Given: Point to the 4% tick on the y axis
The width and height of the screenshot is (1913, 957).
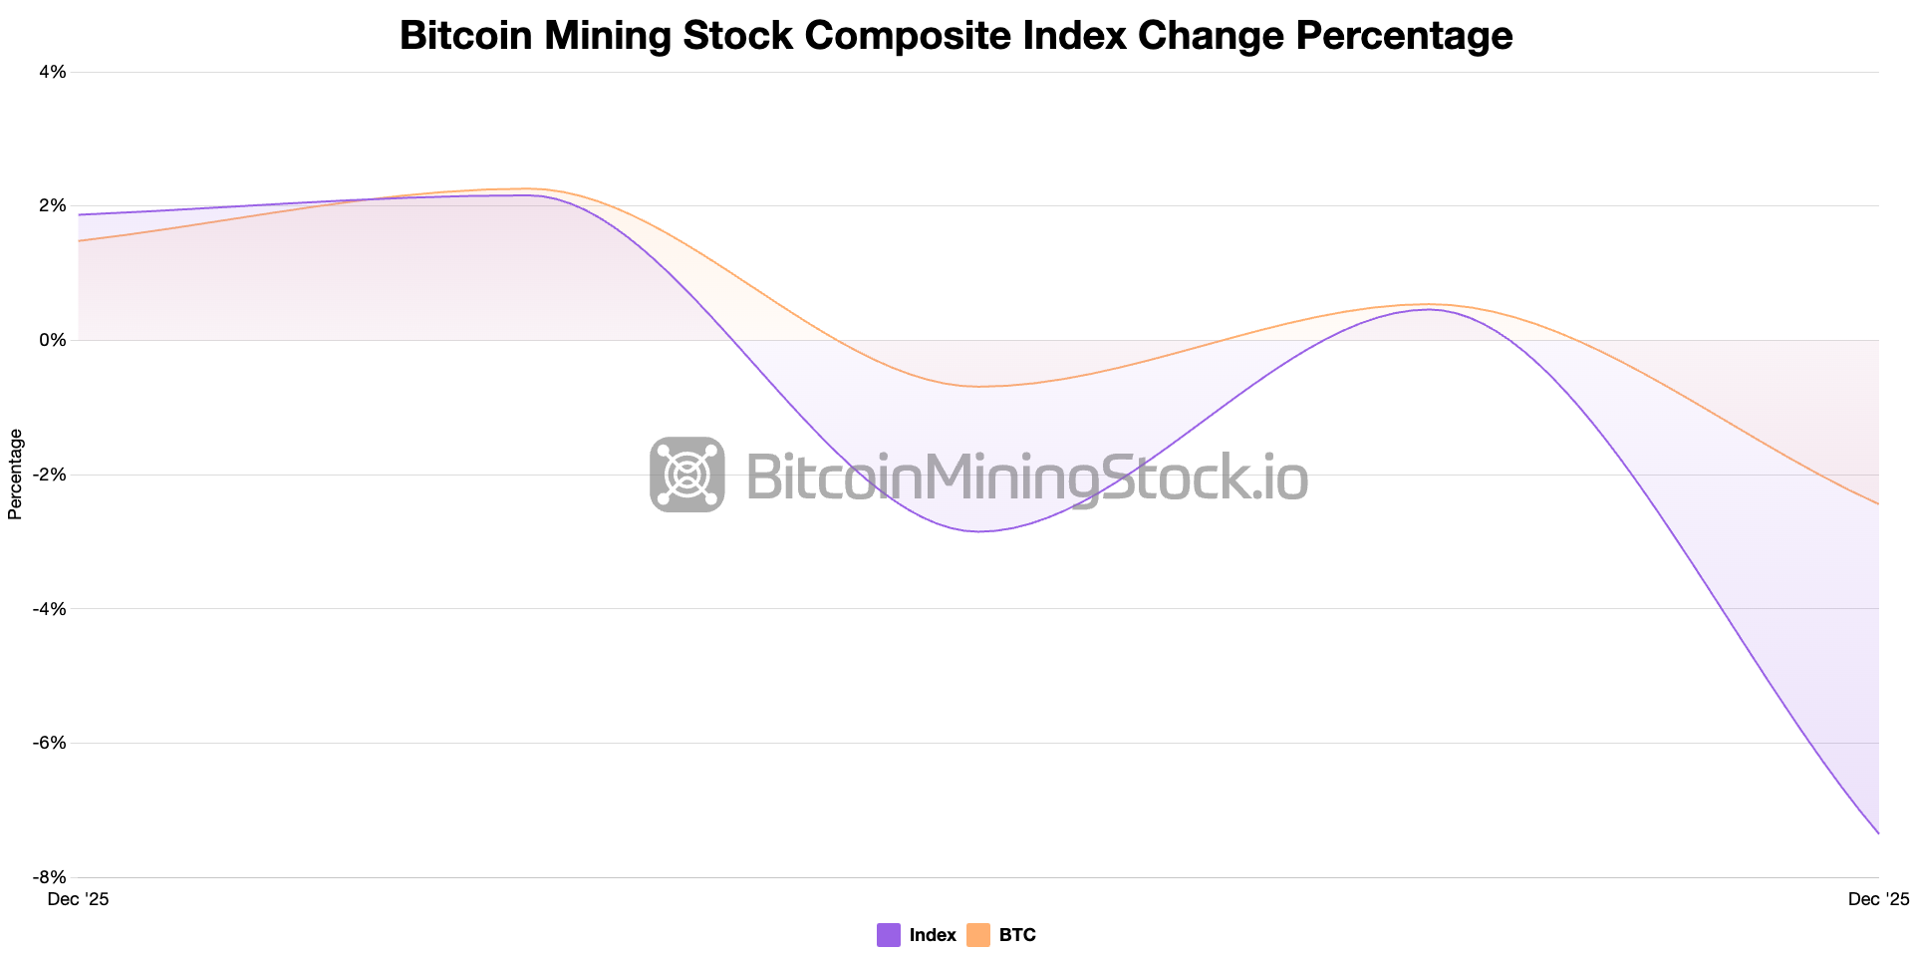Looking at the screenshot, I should pos(53,72).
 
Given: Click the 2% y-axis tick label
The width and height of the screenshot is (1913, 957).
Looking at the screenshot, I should pos(53,205).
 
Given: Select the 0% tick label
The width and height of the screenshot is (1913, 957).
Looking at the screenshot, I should pos(53,340).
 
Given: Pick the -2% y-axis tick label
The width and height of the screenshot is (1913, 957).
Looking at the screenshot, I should pos(51,475).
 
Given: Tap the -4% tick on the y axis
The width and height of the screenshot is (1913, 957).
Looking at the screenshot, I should pos(51,608).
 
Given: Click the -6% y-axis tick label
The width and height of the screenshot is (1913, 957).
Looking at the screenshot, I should pos(51,743).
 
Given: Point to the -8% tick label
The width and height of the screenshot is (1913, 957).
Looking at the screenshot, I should pos(51,877).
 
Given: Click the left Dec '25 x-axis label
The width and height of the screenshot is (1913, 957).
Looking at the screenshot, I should pos(79,899).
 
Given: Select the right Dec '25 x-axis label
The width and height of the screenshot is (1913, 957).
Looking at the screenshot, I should pos(1878,899).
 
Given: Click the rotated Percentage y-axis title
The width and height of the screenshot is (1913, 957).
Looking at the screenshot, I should pos(15,475).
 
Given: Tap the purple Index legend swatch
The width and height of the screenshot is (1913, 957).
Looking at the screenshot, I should pos(889,935).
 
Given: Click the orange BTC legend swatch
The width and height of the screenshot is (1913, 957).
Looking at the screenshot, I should pos(978,935).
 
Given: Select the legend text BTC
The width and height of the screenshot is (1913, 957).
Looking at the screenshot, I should pos(1017,935).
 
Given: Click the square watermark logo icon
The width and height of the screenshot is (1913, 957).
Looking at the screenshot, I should pos(687,475).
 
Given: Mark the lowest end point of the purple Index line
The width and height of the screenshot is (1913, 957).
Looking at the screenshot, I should pos(1878,833).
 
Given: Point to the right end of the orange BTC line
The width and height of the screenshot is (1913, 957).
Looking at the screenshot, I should pos(1878,504).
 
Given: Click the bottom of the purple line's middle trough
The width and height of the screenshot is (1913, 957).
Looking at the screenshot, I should pos(980,531).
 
